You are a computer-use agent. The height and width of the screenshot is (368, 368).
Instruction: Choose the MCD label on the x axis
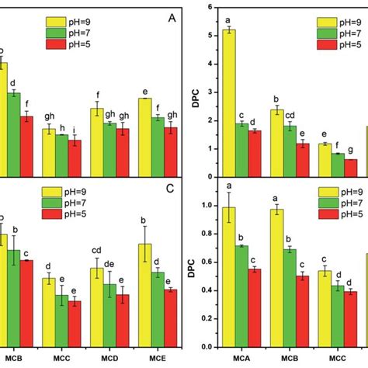point(109,358)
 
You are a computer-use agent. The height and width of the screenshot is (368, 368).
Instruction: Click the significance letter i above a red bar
point(75,130)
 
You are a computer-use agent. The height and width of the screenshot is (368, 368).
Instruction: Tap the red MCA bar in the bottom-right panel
point(254,307)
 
